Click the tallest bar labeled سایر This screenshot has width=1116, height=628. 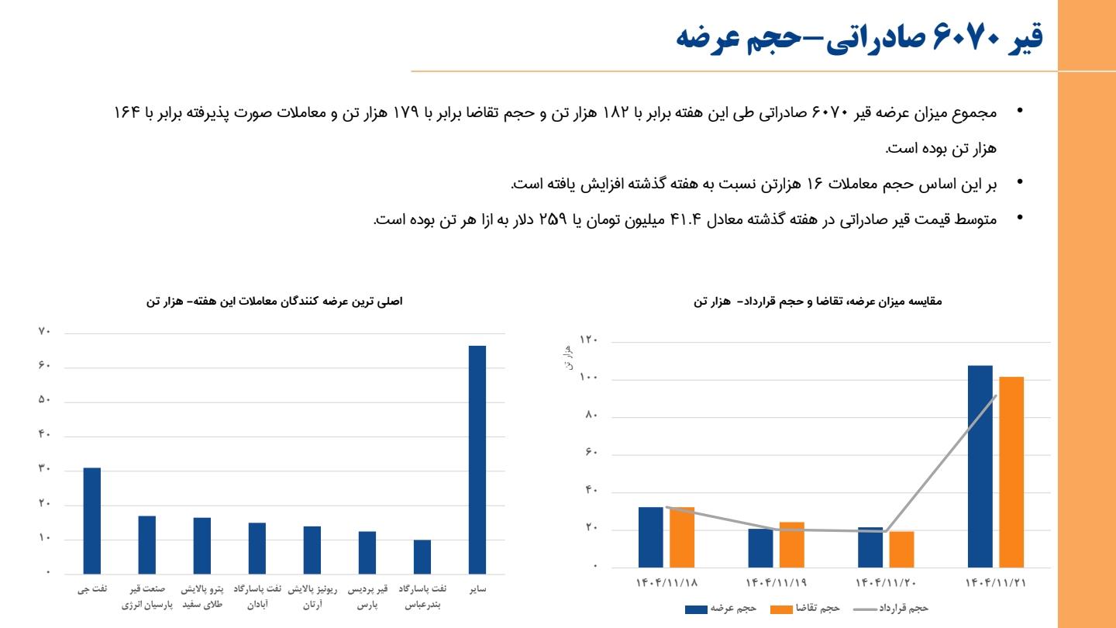tap(477, 459)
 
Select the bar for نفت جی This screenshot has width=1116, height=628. tap(92, 520)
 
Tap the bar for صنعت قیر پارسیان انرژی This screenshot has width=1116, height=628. tap(147, 544)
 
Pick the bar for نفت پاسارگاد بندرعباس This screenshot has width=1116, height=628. tap(422, 556)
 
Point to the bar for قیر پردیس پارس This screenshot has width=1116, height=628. tap(367, 552)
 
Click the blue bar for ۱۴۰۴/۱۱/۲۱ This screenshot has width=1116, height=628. tap(980, 466)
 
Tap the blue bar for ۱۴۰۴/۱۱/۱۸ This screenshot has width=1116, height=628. tap(651, 537)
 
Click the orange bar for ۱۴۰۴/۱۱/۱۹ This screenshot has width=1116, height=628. tap(792, 544)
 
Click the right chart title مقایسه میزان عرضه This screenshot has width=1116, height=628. tap(818, 300)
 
